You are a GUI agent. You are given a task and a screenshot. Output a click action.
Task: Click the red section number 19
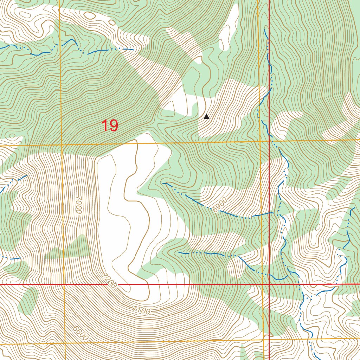click(110, 126)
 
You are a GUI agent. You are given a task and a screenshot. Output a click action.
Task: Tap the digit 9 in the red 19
click(114, 126)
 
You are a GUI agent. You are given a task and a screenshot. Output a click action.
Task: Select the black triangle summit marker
click(206, 117)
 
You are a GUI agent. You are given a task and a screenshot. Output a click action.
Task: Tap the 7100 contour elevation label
click(142, 310)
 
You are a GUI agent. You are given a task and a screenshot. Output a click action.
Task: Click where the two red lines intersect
click(269, 284)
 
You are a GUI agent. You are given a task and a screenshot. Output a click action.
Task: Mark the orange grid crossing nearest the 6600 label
click(65, 343)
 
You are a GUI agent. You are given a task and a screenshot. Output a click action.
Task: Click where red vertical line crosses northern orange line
click(269, 141)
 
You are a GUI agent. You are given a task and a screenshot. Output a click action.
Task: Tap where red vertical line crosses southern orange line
click(269, 340)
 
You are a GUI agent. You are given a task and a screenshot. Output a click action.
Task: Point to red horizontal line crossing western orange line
click(64, 284)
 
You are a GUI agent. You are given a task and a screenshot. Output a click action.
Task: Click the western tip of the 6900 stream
click(163, 183)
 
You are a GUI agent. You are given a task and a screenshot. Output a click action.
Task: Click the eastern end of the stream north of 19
click(133, 50)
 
